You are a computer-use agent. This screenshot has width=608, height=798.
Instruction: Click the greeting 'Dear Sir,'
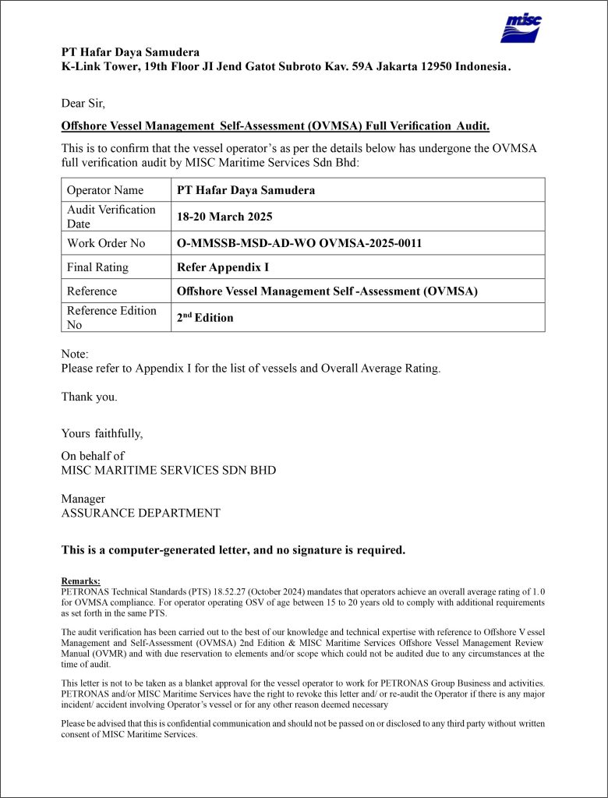[83, 102]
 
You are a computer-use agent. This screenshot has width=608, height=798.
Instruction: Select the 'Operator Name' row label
[105, 190]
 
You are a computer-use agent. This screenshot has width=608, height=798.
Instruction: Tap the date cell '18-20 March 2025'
[225, 217]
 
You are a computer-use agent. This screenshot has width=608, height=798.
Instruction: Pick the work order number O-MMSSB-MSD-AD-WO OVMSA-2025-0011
[299, 243]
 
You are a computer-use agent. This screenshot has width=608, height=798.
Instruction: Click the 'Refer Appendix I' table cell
[223, 267]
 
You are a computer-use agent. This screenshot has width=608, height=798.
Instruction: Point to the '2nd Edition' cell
[205, 317]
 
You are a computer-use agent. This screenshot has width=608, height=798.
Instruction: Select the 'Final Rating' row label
[97, 267]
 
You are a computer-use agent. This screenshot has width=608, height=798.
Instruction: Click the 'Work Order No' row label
[106, 243]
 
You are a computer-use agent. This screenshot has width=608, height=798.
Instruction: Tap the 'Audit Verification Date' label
[111, 217]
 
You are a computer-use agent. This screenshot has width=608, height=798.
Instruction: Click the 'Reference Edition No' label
[111, 317]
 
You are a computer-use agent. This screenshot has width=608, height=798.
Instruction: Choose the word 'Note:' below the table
[76, 354]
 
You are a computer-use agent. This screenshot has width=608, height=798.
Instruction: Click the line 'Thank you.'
[90, 397]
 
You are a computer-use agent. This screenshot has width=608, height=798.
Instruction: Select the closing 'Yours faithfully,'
[102, 433]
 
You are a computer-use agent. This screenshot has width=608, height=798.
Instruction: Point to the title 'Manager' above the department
[83, 499]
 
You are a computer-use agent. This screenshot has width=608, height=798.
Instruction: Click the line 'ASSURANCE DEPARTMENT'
[140, 514]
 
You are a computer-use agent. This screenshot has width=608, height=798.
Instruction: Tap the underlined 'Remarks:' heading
[80, 581]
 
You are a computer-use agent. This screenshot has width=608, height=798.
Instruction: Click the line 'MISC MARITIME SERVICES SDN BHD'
[168, 471]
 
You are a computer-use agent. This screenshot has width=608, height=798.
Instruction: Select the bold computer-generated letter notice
[233, 550]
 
